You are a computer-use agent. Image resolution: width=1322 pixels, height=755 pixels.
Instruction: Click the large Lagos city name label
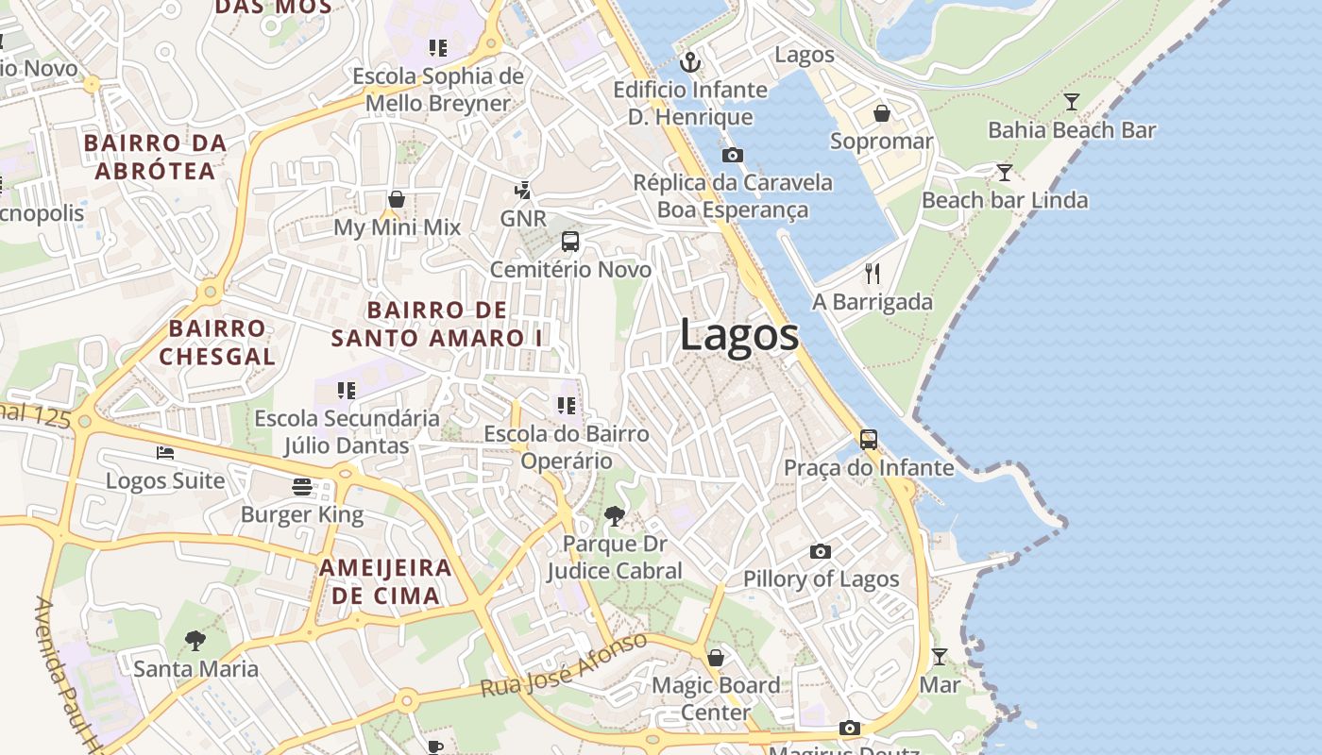pos(738,336)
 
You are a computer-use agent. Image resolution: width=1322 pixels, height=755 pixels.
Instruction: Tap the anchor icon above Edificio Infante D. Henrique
pos(691,63)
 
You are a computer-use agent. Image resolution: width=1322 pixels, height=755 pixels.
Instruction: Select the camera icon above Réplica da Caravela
pos(732,156)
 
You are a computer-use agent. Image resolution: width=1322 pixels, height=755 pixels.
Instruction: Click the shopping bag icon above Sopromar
pos(881,113)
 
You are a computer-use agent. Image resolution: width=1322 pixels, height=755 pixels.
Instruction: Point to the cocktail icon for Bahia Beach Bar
pos(1072,102)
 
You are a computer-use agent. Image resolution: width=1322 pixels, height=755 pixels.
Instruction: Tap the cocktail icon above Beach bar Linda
pos(1005,173)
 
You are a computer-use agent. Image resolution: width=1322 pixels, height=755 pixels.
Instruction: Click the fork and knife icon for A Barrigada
pos(873,274)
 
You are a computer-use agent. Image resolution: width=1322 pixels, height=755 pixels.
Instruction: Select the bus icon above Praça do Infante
pos(868,440)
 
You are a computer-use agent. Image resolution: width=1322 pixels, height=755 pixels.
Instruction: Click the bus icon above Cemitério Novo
pos(570,242)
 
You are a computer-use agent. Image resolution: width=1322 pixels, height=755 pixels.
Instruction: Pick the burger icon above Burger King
pos(302,487)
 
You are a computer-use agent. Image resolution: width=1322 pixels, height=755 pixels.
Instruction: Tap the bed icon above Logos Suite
pos(165,453)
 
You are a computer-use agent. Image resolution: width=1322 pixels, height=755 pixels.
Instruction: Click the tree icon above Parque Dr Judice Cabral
pos(615,516)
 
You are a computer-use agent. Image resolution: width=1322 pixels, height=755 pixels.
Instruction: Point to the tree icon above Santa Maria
pos(195,641)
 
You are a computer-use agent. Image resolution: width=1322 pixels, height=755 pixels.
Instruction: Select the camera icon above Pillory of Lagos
pos(821,551)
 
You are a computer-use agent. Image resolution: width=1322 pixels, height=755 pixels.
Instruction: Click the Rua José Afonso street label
pos(565,666)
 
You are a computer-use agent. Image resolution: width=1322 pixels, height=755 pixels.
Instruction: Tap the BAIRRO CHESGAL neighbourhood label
pos(217,343)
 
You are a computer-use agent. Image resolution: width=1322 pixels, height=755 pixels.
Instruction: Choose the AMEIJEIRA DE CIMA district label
pos(385,581)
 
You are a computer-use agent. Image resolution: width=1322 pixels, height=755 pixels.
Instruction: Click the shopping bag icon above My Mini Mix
pos(397,199)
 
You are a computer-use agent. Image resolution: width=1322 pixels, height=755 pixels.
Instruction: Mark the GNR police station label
pos(523,219)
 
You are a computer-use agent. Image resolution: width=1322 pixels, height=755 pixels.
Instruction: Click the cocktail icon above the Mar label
pos(940,657)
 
